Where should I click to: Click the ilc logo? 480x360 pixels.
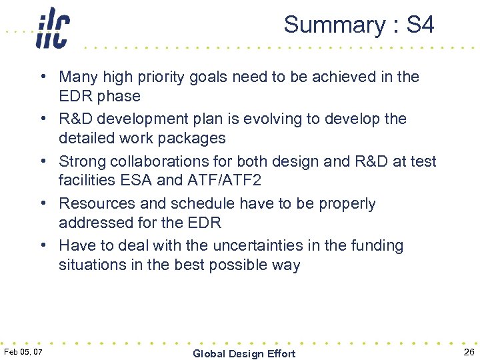[x=53, y=27]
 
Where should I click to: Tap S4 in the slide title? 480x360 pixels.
[x=420, y=25]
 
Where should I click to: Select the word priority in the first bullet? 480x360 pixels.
[x=161, y=77]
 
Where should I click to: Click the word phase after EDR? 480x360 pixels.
[x=120, y=96]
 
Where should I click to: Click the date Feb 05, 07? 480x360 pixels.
[x=23, y=351]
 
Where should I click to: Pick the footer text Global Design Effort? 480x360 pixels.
[x=243, y=353]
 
